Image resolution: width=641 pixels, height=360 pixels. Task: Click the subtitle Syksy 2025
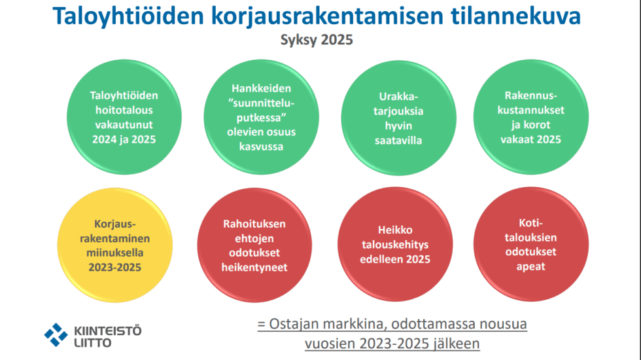click(317, 40)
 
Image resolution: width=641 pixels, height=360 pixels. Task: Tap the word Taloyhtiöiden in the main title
click(128, 16)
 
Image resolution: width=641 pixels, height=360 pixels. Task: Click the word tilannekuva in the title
click(515, 16)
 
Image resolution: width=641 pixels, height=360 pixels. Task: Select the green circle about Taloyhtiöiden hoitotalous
click(124, 117)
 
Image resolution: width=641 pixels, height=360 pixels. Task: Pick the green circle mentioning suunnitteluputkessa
click(261, 117)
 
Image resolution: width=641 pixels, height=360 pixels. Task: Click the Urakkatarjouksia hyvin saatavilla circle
click(398, 118)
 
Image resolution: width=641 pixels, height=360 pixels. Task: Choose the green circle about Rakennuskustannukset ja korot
click(531, 117)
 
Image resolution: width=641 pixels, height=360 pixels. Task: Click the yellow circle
click(115, 245)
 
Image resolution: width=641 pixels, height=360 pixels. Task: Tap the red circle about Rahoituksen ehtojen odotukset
click(254, 245)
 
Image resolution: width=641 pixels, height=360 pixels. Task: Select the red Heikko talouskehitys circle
click(395, 245)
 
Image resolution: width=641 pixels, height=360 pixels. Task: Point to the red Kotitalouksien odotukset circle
click(531, 245)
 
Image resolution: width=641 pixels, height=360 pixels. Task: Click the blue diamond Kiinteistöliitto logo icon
click(56, 335)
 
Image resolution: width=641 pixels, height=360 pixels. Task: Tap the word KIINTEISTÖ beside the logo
click(108, 330)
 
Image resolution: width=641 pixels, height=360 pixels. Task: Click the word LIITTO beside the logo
click(93, 343)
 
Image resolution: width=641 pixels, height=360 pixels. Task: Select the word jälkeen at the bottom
click(457, 344)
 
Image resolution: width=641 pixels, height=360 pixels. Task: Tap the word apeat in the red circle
click(530, 267)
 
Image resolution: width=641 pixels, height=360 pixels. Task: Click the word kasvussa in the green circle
click(261, 147)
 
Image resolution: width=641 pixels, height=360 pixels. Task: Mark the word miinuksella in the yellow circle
click(115, 253)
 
